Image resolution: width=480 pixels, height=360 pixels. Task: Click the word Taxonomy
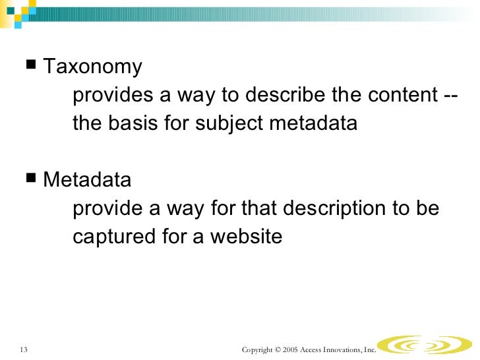[92, 67]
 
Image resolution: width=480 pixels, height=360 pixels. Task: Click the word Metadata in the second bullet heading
[87, 180]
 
